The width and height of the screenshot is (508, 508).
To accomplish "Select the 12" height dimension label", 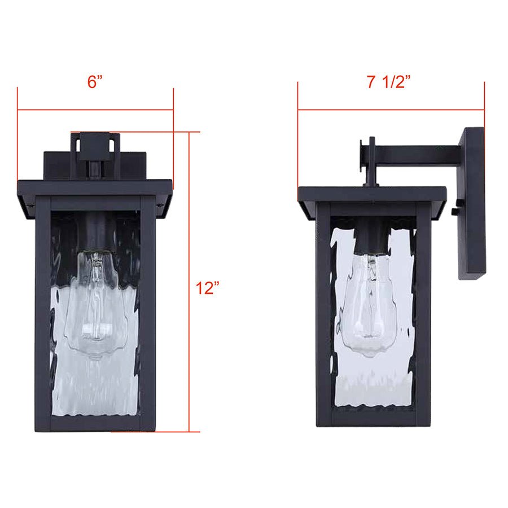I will (x=207, y=288).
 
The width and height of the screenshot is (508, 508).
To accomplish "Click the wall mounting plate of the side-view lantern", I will (x=471, y=203).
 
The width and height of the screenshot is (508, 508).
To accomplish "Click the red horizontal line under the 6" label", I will (x=95, y=110).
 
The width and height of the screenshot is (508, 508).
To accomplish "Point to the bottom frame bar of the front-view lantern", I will (x=95, y=424).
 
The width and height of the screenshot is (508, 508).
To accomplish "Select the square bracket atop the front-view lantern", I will (x=95, y=147).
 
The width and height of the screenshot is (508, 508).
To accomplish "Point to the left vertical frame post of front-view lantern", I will (x=43, y=310).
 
